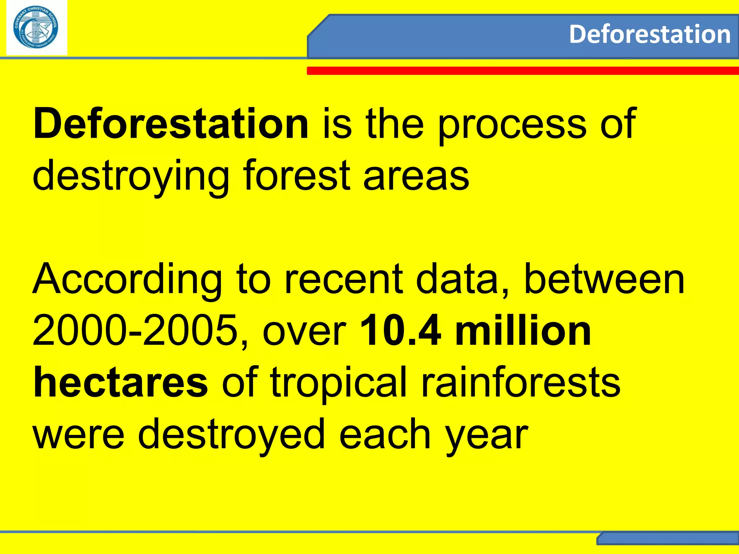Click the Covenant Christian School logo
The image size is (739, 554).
click(36, 28)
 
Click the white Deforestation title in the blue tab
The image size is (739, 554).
click(650, 35)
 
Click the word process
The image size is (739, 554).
click(512, 124)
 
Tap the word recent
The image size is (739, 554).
click(343, 280)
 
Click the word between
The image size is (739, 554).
click(603, 280)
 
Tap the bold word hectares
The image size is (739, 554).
click(121, 382)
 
